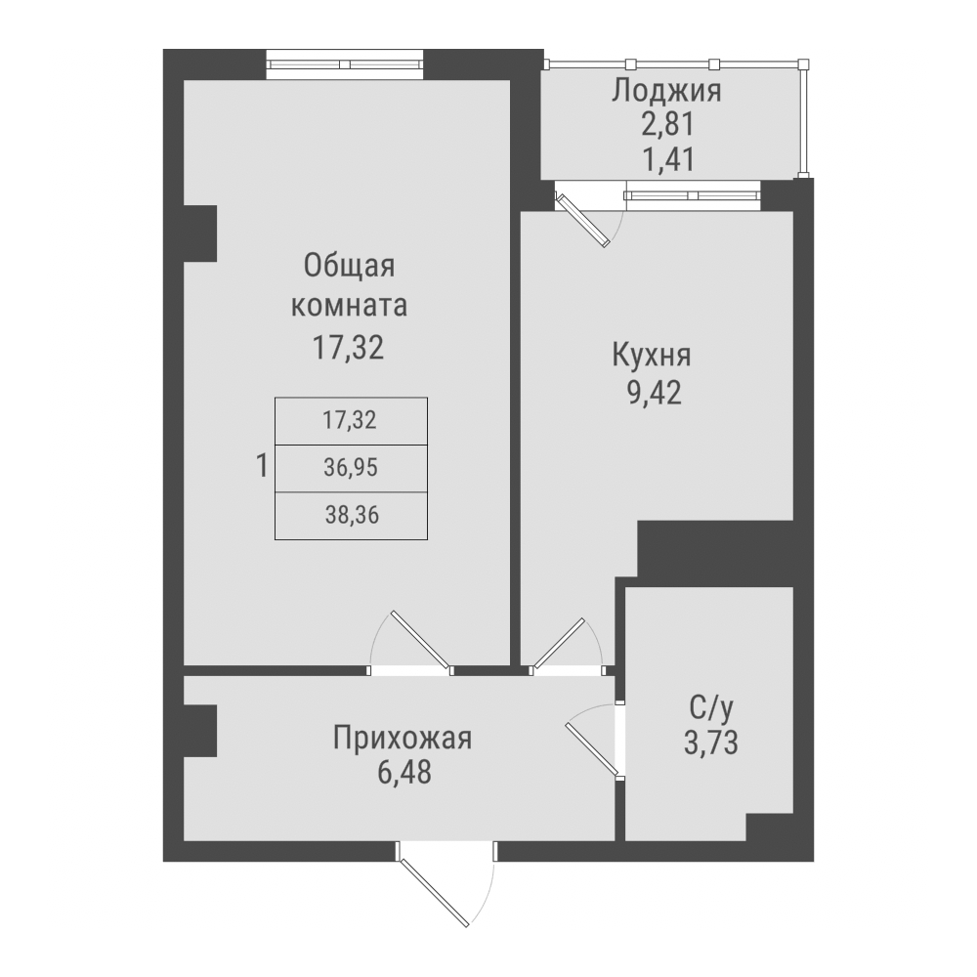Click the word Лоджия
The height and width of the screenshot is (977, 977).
[x=666, y=93]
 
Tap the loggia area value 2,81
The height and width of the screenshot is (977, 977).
[x=666, y=125]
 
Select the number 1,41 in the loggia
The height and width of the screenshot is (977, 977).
[x=666, y=157]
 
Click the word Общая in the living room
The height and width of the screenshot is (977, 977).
[x=349, y=266]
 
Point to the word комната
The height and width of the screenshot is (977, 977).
[x=349, y=306]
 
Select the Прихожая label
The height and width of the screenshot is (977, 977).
[x=403, y=739]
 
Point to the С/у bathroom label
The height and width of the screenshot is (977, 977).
[x=710, y=707]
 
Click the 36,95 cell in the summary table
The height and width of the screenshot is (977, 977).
[x=350, y=469]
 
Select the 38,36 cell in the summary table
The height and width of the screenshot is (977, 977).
[x=351, y=516]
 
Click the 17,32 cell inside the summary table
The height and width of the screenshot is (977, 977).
[x=350, y=422]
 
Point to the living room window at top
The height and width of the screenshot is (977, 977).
[x=346, y=64]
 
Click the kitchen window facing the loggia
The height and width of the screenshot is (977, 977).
[x=693, y=195]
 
